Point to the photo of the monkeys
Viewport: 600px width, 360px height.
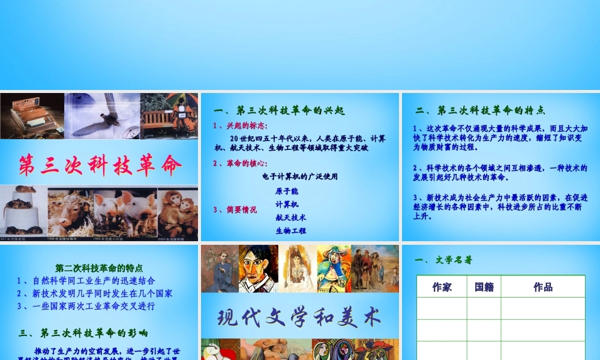(178, 214)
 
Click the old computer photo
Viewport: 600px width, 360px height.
(31, 116)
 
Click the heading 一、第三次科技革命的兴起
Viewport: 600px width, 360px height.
(279, 110)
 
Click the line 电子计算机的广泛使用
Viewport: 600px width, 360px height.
(300, 176)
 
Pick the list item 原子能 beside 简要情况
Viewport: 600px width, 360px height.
(287, 191)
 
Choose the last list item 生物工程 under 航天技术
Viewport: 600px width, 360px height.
(291, 230)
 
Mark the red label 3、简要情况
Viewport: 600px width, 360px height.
(235, 210)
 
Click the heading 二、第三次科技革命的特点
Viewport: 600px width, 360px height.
(480, 110)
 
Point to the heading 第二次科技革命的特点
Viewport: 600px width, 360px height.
(99, 268)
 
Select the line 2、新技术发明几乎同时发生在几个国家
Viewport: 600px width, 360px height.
(95, 293)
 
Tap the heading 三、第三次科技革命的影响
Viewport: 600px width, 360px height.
(84, 332)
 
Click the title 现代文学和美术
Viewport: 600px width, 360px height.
(299, 316)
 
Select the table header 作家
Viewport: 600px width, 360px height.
(442, 287)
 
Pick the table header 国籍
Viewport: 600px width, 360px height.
(484, 287)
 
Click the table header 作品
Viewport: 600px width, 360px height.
(543, 287)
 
